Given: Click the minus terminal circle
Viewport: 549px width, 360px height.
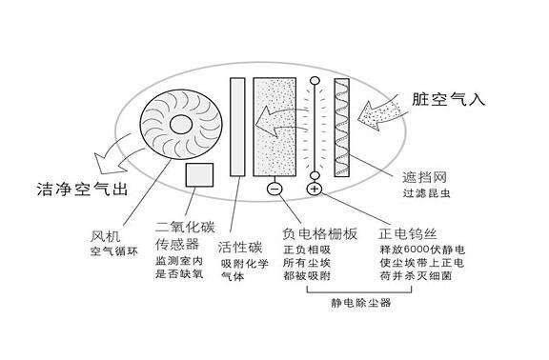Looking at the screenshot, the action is coord(274,189).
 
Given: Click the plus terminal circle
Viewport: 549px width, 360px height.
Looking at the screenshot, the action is coord(315,189).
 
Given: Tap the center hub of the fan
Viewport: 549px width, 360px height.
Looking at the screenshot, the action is coord(181,124).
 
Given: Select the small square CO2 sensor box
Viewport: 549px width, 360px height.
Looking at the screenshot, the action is coord(199,174).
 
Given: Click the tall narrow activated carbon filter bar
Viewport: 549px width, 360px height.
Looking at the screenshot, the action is coord(237,127).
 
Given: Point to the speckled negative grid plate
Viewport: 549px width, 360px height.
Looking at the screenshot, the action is coord(274,127).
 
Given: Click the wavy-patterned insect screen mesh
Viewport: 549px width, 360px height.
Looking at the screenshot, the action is coord(342,127).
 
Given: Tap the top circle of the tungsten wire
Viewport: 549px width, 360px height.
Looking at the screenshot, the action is coord(315,81).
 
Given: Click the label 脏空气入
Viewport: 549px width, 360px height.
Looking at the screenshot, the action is coord(449,99).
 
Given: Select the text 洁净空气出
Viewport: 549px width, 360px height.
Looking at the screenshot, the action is coord(82,189).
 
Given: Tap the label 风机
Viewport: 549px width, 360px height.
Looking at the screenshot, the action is coord(105,236).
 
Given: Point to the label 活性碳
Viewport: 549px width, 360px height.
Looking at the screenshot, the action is coord(240,248).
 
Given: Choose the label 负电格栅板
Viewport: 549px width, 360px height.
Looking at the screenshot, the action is coord(320,233).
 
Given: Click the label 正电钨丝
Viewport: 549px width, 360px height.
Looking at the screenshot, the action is coord(407,233).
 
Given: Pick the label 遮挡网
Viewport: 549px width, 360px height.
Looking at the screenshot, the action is coord(424,177).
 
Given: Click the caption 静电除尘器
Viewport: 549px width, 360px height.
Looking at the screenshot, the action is coord(361,303).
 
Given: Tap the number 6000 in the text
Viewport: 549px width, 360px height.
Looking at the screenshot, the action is coord(417,250).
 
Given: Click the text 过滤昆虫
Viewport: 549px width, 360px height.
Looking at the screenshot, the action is coord(426,193).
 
